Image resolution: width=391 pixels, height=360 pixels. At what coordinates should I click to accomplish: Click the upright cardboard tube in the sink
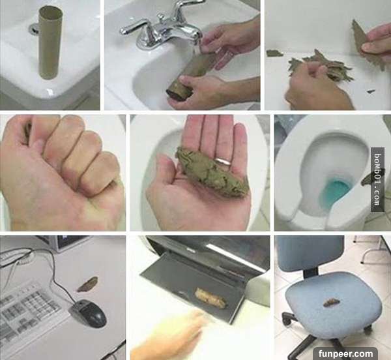pos(50,42)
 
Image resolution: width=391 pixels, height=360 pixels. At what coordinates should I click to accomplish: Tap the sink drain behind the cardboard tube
pos(34,29)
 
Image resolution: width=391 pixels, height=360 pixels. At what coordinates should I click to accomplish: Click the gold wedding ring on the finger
pos(224,161)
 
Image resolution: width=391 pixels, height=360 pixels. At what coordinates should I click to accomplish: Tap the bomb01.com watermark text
pos(377,179)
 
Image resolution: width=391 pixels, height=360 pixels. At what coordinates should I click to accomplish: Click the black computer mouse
pos(88,314)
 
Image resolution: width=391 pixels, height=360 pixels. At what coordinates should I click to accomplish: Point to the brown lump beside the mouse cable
pos(87,284)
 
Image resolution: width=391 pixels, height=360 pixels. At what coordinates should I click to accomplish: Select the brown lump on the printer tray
pos(211,297)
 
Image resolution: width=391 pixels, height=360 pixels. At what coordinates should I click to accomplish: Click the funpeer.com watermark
pos(345,353)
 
